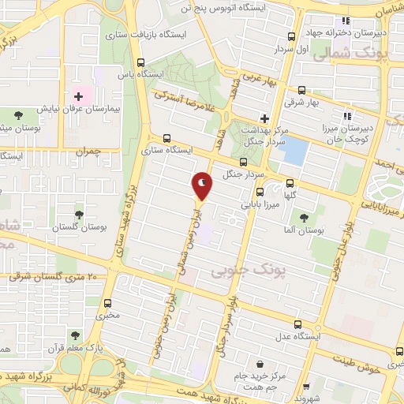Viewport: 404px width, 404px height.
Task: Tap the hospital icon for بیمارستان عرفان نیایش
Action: point(78,97)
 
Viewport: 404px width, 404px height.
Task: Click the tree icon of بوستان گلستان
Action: point(79,214)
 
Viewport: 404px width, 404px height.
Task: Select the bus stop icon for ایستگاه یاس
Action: point(141,63)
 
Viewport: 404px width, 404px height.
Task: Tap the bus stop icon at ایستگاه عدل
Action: point(297,324)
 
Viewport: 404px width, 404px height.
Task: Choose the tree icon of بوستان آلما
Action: point(304,217)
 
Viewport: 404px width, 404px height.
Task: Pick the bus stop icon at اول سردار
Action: point(292,36)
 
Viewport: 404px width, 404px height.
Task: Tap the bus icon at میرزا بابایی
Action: point(259,192)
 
